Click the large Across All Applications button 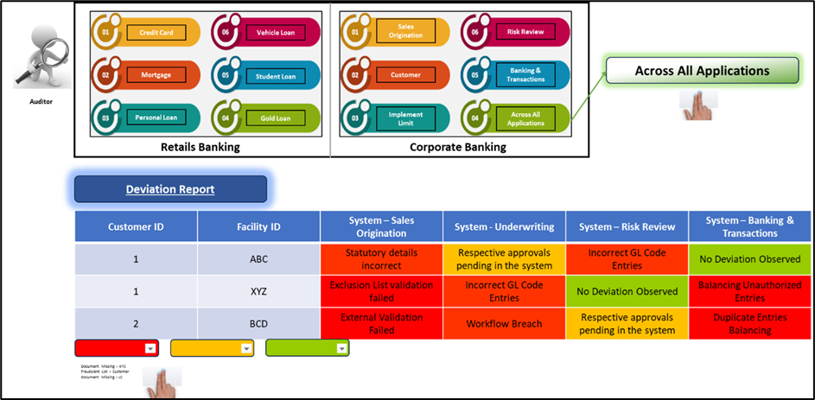(701, 71)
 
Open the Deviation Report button (170, 189)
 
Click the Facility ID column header (258, 226)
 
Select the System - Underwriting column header (504, 226)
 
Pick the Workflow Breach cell (504, 324)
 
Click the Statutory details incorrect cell (381, 259)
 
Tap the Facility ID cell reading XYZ (258, 291)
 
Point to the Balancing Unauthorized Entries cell (749, 291)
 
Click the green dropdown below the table (342, 348)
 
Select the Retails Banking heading (200, 147)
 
